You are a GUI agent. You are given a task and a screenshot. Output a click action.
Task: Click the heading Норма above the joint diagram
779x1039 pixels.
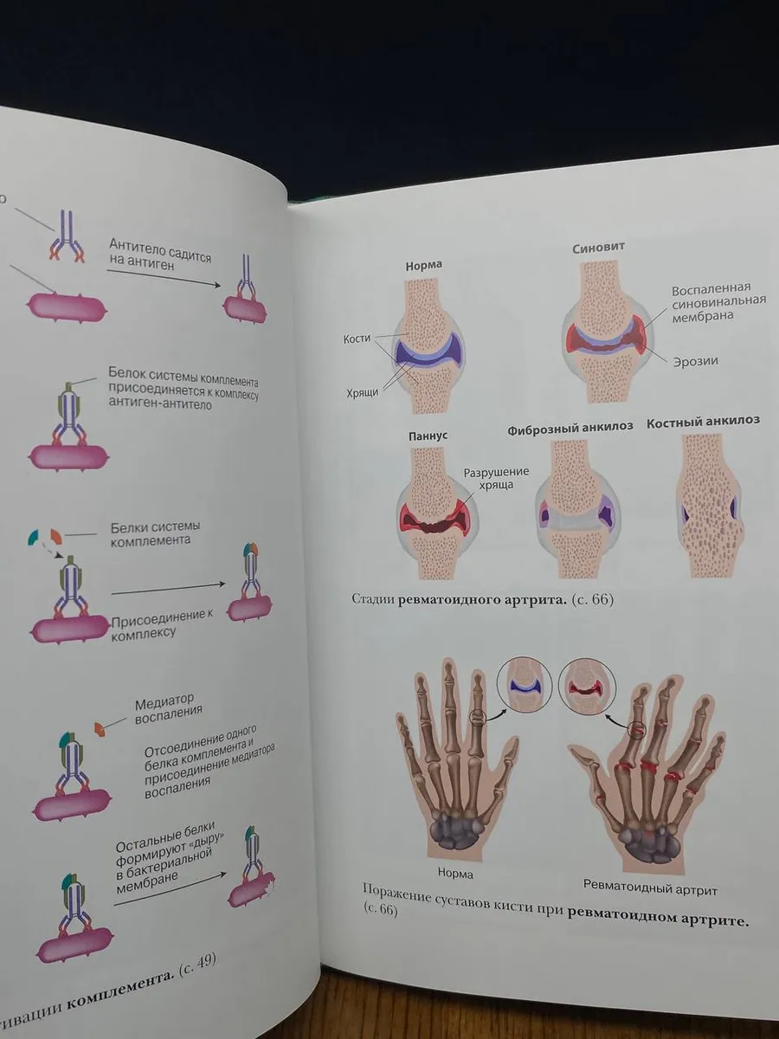point(423,266)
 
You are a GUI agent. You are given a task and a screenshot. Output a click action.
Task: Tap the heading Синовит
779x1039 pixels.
point(599,247)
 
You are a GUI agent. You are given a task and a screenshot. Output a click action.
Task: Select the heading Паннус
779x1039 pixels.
point(428,436)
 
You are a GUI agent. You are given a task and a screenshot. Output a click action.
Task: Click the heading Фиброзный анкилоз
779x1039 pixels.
point(570,428)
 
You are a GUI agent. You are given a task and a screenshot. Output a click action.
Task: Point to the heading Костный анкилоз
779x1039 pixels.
point(704,422)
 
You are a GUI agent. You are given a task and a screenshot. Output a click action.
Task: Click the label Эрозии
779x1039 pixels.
point(696,362)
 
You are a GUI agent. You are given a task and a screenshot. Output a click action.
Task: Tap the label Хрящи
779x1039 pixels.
point(363,393)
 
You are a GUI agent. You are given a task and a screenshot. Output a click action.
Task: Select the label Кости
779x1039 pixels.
point(357,339)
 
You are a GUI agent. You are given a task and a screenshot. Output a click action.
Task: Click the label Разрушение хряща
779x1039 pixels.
point(496,478)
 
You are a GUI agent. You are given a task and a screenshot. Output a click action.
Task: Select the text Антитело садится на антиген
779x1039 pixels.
point(160,255)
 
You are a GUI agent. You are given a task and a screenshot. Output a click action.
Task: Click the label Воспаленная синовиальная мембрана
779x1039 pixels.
point(718,302)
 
